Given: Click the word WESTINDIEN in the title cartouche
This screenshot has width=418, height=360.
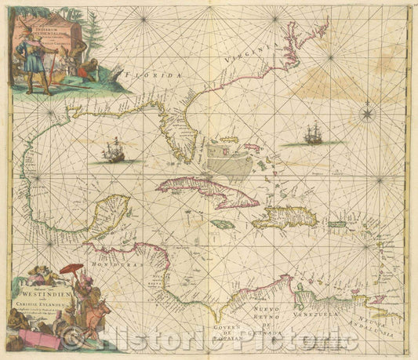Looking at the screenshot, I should [x=47, y=296].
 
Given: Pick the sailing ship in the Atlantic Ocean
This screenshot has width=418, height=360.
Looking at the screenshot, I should [x=313, y=134].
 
